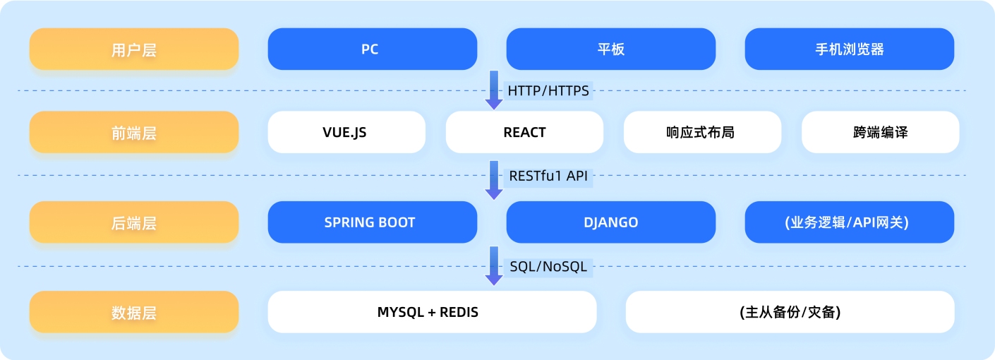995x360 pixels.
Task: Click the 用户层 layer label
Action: tap(134, 49)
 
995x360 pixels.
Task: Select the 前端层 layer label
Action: tap(134, 132)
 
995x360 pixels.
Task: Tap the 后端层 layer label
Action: tap(134, 222)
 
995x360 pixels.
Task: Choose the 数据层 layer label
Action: tap(134, 312)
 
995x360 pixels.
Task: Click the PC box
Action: tap(372, 49)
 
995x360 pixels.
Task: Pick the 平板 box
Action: tap(611, 49)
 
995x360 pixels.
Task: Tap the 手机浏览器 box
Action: tap(850, 49)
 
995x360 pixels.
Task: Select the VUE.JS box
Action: tap(346, 132)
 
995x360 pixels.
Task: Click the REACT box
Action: tap(524, 132)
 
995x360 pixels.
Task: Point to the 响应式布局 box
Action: tap(702, 132)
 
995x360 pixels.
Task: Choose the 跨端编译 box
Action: tap(880, 132)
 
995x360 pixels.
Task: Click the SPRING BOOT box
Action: tap(372, 222)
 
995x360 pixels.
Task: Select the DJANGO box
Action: tap(611, 222)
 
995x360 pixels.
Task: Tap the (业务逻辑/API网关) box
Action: tap(850, 222)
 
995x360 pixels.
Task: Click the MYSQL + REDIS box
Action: tap(432, 312)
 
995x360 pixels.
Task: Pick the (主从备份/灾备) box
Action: tap(790, 312)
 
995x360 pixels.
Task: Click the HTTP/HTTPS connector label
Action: tap(548, 90)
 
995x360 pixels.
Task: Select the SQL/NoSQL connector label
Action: tap(548, 267)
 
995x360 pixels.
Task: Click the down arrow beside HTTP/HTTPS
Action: tap(493, 90)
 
